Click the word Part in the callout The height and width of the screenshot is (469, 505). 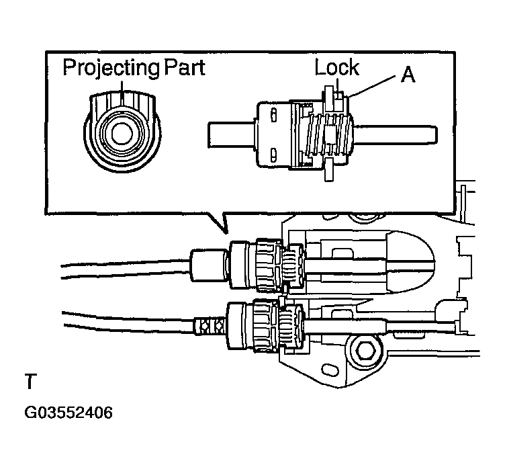tap(183, 68)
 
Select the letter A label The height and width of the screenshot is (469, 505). tap(408, 75)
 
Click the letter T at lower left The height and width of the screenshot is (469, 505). tap(30, 383)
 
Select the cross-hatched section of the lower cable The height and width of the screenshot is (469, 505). tap(210, 325)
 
